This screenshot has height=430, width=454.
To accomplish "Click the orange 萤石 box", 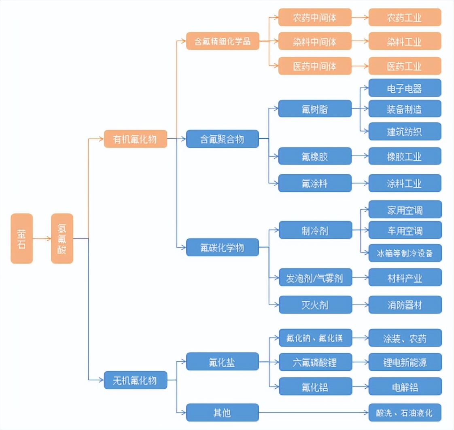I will coord(21,238).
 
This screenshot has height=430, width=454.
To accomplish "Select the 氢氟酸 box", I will coord(62,238).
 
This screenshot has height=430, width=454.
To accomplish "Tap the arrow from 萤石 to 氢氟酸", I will coord(42,238).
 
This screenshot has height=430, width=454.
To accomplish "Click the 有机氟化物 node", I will coord(135,139).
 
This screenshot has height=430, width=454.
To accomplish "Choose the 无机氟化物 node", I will coord(135,380).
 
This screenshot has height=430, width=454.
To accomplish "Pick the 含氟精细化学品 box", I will coord(222,41).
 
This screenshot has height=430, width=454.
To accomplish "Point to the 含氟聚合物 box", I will coord(222,139).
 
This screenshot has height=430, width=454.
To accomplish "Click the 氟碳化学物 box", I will coord(222,247).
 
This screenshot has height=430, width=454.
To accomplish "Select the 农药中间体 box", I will coord(314,17).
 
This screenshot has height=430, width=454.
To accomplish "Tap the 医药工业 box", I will coord(405,66).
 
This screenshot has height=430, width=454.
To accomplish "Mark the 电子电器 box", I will coord(405,87).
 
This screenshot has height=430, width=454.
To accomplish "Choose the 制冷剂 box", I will coord(314,230).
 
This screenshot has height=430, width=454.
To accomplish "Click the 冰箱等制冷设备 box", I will coord(405,253).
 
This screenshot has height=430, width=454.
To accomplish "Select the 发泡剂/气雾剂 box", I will coord(314,278).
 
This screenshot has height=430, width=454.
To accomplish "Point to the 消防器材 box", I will coord(405,304).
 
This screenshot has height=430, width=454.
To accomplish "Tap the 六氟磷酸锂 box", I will coord(314,362).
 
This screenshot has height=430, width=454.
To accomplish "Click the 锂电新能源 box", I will coord(405,362).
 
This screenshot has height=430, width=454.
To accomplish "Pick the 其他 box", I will coord(222,413).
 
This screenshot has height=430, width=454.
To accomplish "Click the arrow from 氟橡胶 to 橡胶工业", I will coord(360,156).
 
